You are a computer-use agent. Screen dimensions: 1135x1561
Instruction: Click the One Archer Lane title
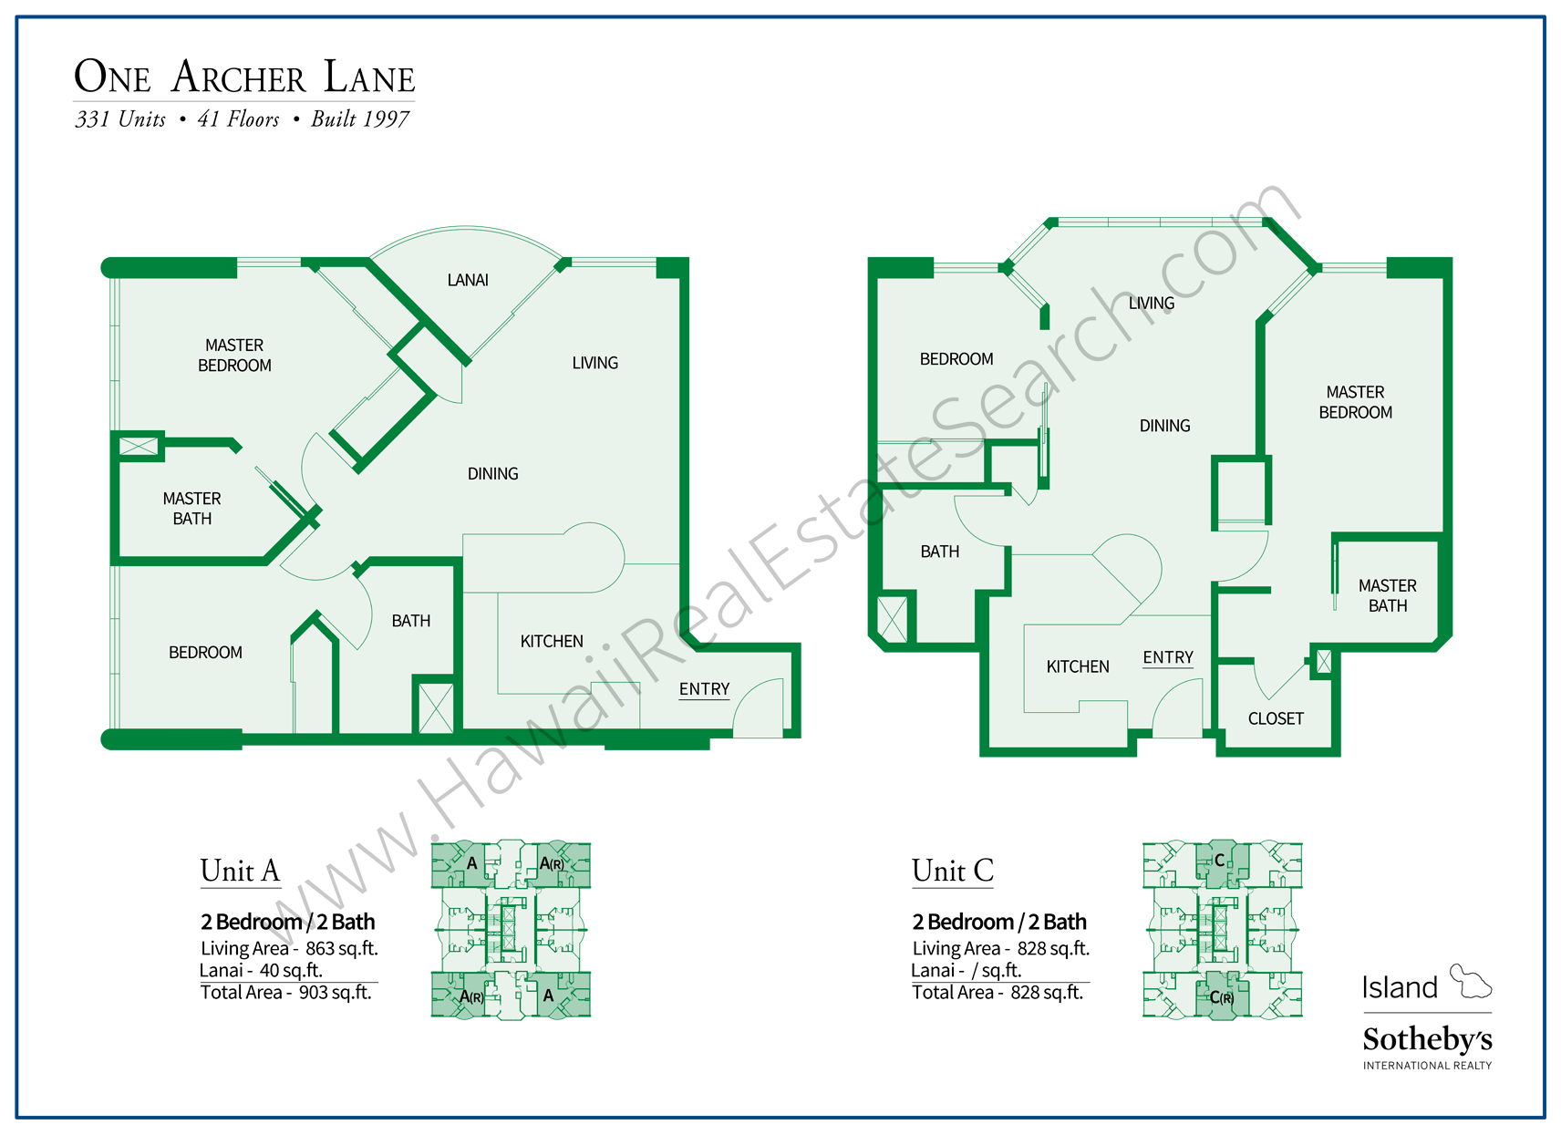[x=243, y=77]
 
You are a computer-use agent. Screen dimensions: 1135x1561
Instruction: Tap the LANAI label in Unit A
[x=468, y=280]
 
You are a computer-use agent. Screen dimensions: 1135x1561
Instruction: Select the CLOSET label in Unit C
[x=1276, y=718]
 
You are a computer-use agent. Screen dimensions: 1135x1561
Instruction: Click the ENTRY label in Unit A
[x=704, y=689]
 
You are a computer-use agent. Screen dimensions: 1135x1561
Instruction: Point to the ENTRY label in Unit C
[x=1168, y=657]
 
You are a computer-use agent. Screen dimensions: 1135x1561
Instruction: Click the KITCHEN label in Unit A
[x=552, y=641]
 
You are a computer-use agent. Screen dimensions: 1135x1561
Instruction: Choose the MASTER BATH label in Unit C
[x=1387, y=595]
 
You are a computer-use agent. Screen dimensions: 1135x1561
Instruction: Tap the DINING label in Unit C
[x=1164, y=426]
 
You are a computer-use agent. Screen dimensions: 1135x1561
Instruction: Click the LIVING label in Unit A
[x=594, y=363]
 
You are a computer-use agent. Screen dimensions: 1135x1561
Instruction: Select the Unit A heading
[x=240, y=871]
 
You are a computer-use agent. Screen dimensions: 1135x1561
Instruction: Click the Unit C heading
[x=952, y=871]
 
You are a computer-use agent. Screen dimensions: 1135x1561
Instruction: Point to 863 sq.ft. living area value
[x=341, y=948]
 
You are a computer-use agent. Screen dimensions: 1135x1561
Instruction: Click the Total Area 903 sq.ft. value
[x=335, y=992]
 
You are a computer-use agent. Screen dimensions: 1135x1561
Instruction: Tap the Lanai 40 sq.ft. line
[x=261, y=970]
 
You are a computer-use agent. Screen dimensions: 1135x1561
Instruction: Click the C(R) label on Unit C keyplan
[x=1222, y=998]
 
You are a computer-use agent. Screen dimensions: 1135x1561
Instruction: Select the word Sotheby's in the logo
[x=1427, y=1039]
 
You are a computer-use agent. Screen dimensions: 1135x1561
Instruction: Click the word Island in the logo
[x=1400, y=987]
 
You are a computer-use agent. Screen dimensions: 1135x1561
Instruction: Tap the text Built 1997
[x=360, y=119]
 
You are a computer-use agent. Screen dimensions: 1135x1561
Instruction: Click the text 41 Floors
[x=238, y=119]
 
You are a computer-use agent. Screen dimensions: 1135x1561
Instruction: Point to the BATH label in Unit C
[x=939, y=552]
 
